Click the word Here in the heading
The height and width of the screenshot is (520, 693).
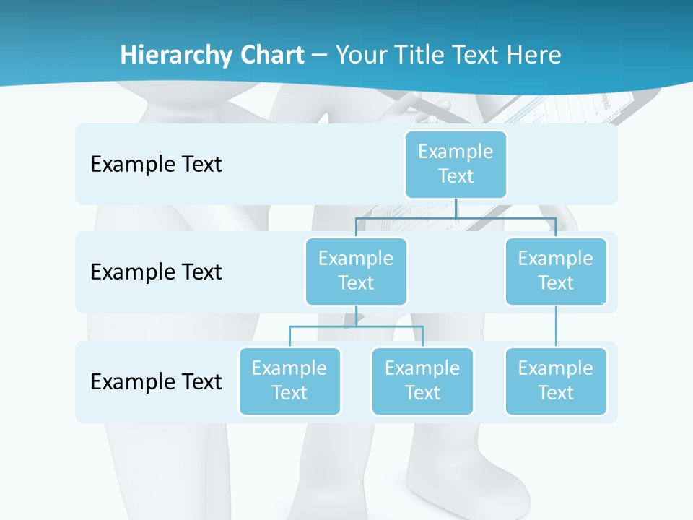(x=534, y=56)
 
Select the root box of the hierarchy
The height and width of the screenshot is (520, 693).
(x=456, y=164)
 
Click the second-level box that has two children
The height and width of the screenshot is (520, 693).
(x=356, y=271)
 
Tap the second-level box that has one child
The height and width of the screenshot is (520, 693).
(x=556, y=271)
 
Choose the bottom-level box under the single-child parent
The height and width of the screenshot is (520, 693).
(x=556, y=381)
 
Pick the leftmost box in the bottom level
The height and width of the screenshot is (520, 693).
(x=289, y=381)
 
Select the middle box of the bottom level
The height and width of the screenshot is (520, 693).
(x=422, y=381)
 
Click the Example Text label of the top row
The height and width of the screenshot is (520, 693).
(x=156, y=165)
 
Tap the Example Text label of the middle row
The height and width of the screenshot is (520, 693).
(x=156, y=272)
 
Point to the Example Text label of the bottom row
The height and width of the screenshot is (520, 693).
(x=156, y=381)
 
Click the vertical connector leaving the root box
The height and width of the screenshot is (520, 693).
(x=456, y=208)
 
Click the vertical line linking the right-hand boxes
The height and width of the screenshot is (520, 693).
(x=556, y=326)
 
